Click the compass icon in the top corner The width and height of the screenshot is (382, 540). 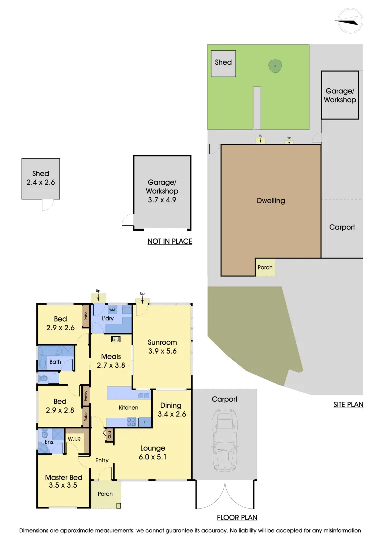point(349,20)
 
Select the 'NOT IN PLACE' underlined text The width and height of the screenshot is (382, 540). point(170,241)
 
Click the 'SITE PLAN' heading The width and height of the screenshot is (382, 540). point(348,404)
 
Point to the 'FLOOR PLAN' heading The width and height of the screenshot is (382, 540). point(237,518)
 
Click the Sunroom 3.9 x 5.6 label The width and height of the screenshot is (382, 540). point(162,347)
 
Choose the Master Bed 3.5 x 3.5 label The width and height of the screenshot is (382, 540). point(64,481)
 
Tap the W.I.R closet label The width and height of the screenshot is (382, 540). point(75,440)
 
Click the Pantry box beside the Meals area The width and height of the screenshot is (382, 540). point(85,396)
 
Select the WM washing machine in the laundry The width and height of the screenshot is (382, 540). point(112,310)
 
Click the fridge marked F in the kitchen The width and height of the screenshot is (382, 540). point(145,421)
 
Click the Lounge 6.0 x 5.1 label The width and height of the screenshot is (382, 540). point(152,452)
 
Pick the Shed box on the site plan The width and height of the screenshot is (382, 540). point(223,63)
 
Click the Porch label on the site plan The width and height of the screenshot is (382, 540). point(265,267)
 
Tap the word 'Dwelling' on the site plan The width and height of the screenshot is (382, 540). point(271,201)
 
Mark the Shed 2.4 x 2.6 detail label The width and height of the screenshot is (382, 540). point(41,178)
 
